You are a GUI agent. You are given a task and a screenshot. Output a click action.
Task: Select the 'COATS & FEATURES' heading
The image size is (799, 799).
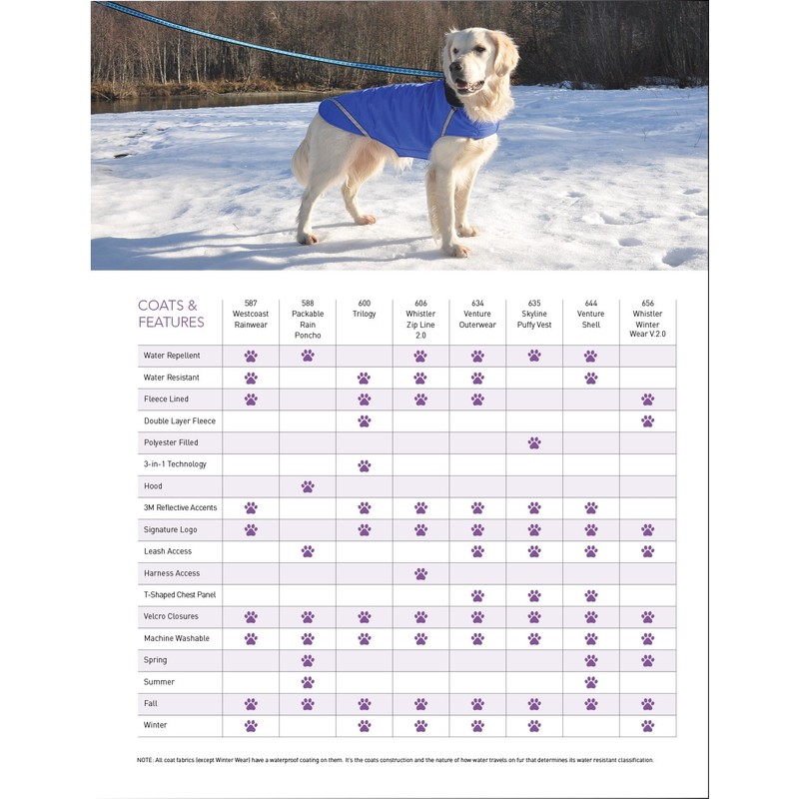pos(171,314)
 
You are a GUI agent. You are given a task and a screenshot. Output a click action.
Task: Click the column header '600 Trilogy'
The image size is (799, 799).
pos(364,309)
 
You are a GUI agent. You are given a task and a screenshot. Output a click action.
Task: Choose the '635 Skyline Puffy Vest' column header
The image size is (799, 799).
pos(534,314)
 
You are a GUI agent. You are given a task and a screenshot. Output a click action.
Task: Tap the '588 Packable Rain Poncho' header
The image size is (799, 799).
pos(308,320)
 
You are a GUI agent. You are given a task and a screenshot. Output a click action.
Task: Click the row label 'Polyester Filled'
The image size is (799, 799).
pos(171,442)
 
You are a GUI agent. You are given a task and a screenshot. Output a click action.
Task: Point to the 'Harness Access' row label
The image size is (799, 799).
pos(171,573)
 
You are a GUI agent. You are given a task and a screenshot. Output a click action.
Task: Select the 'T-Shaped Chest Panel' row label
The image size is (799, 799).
pos(179,595)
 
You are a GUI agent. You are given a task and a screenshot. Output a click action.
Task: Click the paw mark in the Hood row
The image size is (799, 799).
pos(308,486)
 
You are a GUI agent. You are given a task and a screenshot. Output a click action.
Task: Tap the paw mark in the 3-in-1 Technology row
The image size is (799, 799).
pos(364,464)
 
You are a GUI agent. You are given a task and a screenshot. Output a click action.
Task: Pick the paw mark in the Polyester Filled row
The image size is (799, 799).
pos(534,442)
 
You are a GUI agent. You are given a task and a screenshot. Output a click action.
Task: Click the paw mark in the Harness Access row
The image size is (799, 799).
pos(420,573)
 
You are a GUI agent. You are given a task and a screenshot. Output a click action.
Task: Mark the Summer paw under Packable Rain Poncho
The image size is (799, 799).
pos(308,682)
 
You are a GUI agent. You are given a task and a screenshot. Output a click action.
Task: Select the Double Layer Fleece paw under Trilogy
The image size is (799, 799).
pos(364,421)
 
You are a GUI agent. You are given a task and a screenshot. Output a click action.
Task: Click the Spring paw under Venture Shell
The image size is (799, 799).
pos(591,660)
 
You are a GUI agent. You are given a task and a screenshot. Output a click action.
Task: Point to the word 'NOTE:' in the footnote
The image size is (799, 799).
pos(145,760)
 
